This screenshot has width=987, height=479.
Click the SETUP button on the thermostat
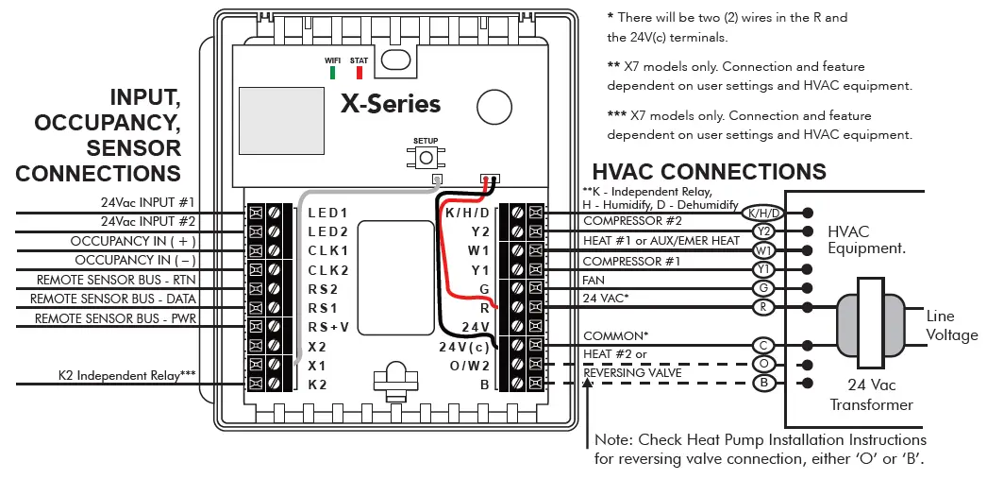(426, 158)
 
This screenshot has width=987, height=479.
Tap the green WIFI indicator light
(332, 72)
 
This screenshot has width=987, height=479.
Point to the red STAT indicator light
(359, 72)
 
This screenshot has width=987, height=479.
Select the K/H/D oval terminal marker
(764, 213)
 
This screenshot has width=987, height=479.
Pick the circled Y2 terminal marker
(764, 231)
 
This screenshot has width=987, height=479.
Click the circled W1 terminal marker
(764, 250)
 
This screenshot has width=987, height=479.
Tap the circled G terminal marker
(764, 288)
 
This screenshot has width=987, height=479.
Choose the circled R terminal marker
(764, 307)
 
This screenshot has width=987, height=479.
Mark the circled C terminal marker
(764, 346)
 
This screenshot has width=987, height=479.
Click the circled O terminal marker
(764, 365)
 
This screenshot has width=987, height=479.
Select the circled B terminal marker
(764, 384)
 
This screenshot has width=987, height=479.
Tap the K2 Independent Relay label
(136, 375)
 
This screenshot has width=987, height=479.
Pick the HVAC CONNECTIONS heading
(709, 172)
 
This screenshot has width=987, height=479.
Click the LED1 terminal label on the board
(327, 213)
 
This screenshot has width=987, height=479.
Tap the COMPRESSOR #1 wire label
(630, 261)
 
